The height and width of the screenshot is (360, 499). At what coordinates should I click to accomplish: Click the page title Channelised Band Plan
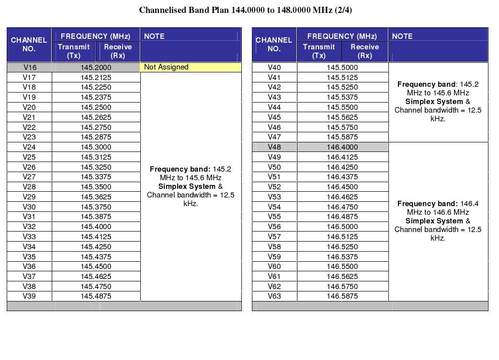(245, 10)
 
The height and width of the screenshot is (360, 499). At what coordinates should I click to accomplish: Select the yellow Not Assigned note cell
(191, 68)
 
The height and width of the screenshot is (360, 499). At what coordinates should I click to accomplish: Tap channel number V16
(29, 68)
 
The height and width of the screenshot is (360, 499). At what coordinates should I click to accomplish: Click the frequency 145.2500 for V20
(96, 107)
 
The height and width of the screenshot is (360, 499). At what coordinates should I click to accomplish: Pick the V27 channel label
(29, 177)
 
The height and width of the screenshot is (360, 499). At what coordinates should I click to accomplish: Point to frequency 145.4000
(96, 227)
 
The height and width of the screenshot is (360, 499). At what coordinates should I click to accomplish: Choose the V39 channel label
(29, 296)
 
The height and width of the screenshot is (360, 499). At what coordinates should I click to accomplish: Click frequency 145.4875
(96, 296)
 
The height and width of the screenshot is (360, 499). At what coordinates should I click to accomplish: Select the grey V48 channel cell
(274, 147)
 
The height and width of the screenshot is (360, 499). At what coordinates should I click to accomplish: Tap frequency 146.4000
(342, 147)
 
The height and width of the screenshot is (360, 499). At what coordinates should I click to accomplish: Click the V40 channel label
(274, 68)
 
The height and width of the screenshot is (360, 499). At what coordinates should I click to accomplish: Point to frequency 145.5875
(342, 137)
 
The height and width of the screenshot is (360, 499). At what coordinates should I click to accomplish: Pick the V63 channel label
(274, 296)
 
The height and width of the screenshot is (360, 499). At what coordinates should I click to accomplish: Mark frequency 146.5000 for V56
(342, 227)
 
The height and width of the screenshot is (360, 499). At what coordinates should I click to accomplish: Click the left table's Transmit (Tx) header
(74, 51)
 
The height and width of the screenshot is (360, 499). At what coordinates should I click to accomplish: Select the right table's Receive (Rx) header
(364, 51)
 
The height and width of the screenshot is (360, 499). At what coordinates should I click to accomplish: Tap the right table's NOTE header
(402, 36)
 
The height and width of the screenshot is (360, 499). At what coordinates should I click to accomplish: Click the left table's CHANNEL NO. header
(29, 45)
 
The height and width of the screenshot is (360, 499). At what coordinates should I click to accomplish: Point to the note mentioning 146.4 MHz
(438, 221)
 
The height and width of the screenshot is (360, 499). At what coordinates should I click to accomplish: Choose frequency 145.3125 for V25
(96, 157)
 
